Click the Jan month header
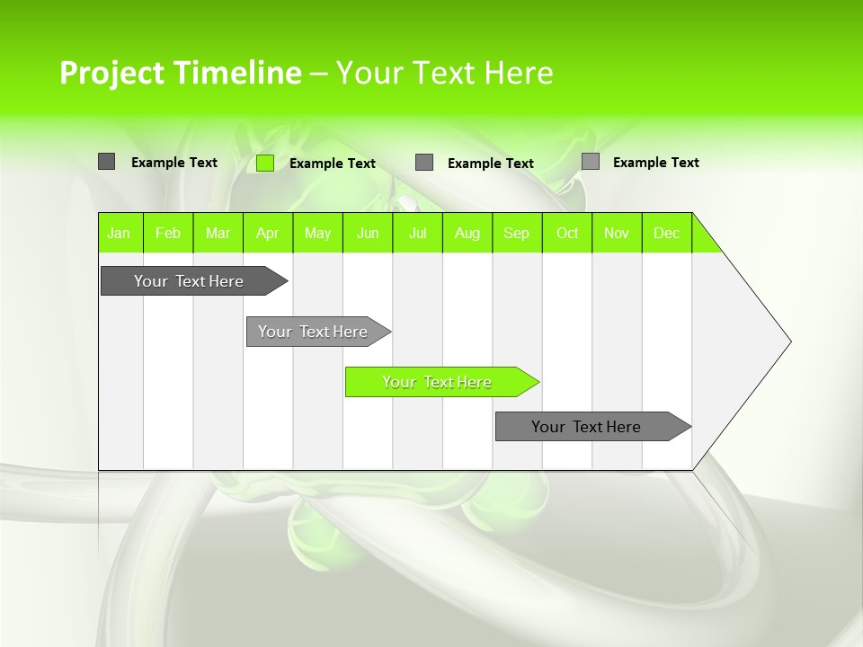[120, 233]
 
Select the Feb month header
[168, 233]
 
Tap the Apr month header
[268, 233]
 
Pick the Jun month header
[368, 233]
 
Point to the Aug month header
[467, 233]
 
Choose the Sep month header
[517, 233]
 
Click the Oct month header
[567, 233]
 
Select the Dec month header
[667, 233]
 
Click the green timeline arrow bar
[440, 382]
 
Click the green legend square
[265, 163]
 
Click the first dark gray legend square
[107, 162]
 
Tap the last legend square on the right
[591, 162]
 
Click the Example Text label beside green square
[333, 164]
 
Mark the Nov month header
[617, 233]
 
